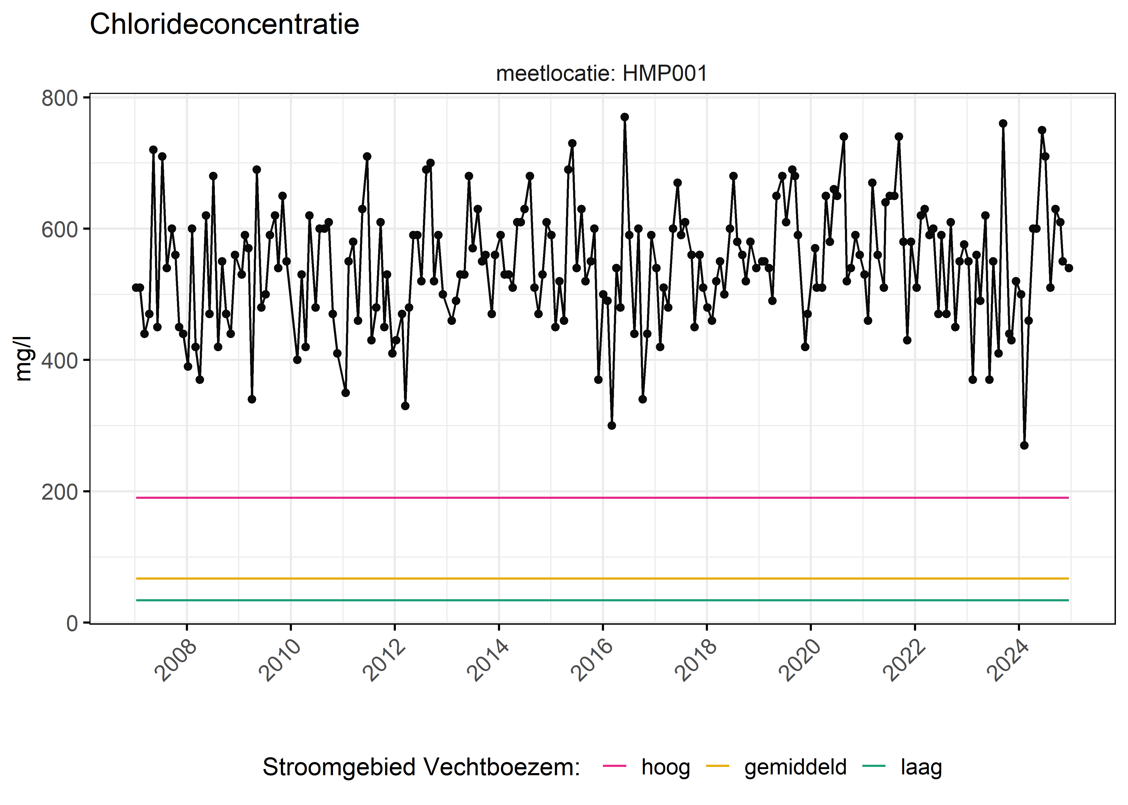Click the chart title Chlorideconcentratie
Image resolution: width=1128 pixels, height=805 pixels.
pos(224,24)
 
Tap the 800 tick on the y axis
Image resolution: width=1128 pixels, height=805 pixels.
pos(60,98)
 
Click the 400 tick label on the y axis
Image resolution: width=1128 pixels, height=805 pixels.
pos(60,360)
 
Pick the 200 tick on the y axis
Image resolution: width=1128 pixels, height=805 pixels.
pos(60,492)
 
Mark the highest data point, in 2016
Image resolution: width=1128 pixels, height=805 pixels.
pos(624,117)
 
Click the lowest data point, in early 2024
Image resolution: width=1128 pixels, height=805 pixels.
pos(1024,445)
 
